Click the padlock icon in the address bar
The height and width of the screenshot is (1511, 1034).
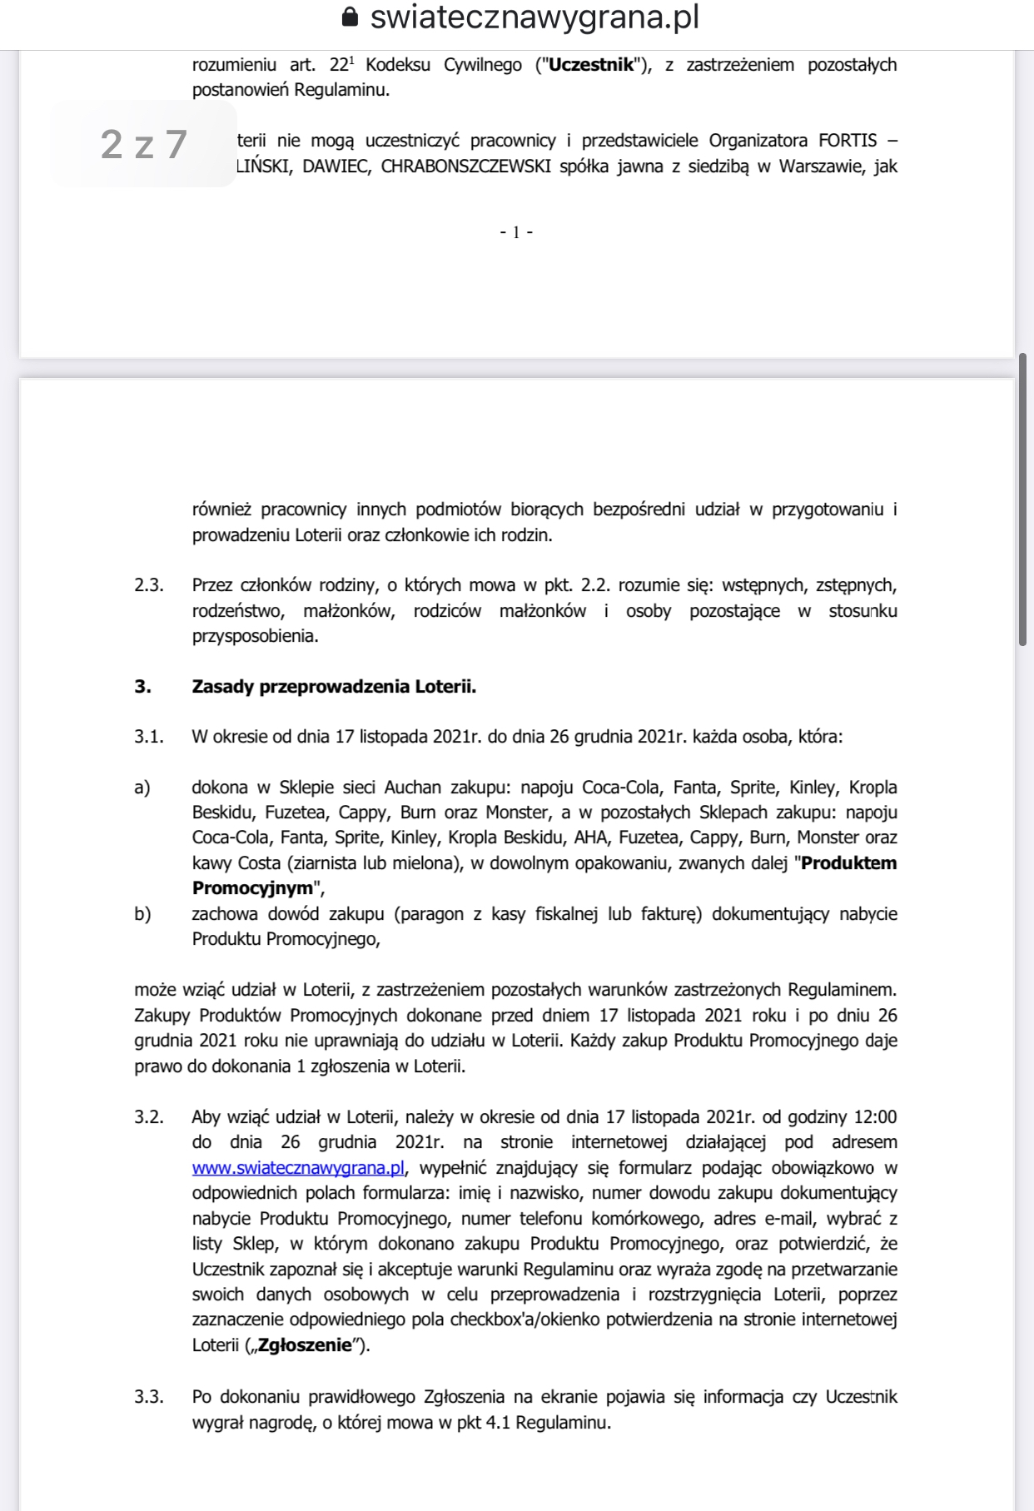click(x=350, y=17)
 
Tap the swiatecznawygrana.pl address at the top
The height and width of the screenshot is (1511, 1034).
click(x=534, y=17)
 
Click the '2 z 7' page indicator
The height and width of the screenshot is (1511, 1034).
click(x=143, y=145)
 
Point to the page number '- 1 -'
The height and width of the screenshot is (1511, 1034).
click(x=516, y=232)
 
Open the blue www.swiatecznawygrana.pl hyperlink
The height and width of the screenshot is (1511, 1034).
click(x=298, y=1167)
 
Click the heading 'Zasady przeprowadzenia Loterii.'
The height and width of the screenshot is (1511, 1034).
click(x=334, y=687)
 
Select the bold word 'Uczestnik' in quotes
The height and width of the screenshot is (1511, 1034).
click(x=591, y=65)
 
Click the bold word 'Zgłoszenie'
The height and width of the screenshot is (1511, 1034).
click(x=305, y=1345)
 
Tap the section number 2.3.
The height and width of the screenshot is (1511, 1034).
click(x=149, y=585)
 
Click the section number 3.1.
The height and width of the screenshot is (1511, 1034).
click(x=149, y=737)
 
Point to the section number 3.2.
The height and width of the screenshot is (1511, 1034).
click(x=149, y=1117)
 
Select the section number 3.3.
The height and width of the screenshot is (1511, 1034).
click(x=149, y=1397)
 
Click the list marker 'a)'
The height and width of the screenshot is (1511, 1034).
click(x=142, y=788)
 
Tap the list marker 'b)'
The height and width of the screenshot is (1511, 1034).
click(x=142, y=914)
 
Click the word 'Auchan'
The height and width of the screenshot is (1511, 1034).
click(x=413, y=788)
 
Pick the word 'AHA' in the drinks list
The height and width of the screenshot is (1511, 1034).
click(x=590, y=838)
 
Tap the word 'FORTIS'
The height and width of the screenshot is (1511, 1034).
click(x=848, y=141)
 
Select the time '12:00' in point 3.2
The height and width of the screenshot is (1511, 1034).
click(x=875, y=1117)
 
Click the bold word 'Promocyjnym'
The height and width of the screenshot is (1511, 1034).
click(x=252, y=888)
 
